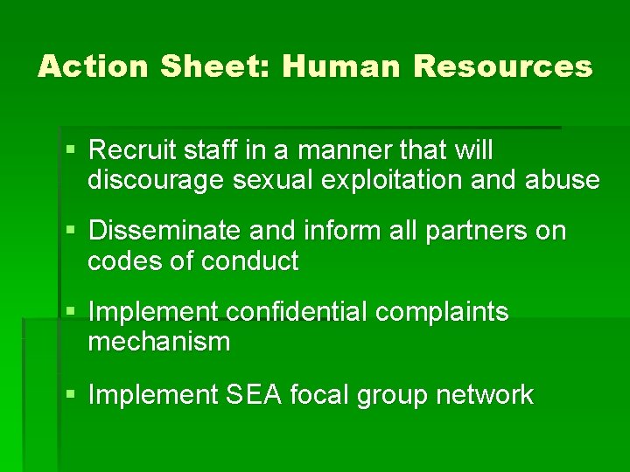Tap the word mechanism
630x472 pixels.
(x=158, y=342)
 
